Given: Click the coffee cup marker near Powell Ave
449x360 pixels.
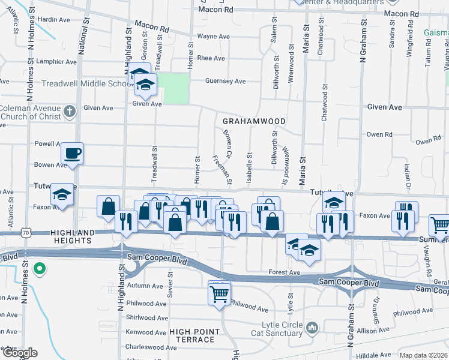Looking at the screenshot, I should pyautogui.click(x=73, y=153).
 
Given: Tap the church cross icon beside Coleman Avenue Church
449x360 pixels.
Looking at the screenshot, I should pyautogui.click(x=70, y=111).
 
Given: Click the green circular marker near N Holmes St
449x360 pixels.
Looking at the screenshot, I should pyautogui.click(x=40, y=268).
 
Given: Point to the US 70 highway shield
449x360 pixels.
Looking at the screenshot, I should pyautogui.click(x=25, y=232).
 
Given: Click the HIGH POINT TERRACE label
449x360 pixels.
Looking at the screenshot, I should pyautogui.click(x=191, y=340).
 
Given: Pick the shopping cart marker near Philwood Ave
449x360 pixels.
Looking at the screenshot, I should pyautogui.click(x=219, y=293).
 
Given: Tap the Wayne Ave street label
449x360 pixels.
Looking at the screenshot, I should pyautogui.click(x=214, y=37).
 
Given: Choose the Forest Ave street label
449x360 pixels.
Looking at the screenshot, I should pyautogui.click(x=285, y=272).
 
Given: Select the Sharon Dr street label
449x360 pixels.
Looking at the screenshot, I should pyautogui.click(x=377, y=307).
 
